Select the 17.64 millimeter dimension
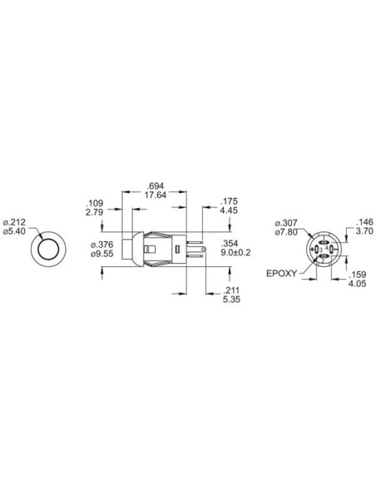tap(154, 195)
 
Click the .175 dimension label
tap(230, 201)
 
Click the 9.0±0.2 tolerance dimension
tap(235, 254)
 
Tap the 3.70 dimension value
tap(364, 233)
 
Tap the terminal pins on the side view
tap(196, 248)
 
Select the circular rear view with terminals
tap(323, 250)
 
